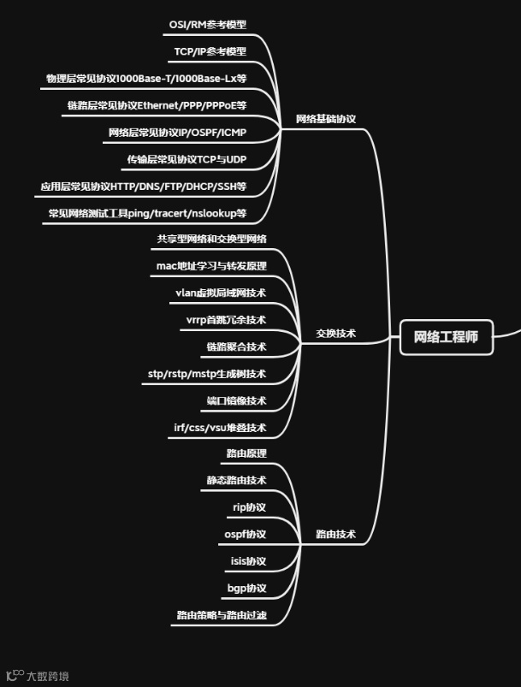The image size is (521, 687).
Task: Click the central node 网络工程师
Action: pyautogui.click(x=446, y=337)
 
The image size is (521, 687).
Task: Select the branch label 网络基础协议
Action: pyautogui.click(x=325, y=119)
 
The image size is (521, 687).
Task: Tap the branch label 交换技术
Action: pyautogui.click(x=335, y=334)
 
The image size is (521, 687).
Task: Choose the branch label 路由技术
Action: pyautogui.click(x=335, y=534)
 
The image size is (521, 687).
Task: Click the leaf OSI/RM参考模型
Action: pyautogui.click(x=208, y=26)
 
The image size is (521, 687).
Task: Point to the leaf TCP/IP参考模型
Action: pyautogui.click(x=210, y=52)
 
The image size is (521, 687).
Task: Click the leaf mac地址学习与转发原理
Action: pyautogui.click(x=211, y=266)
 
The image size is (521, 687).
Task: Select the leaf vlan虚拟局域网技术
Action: pyautogui.click(x=221, y=293)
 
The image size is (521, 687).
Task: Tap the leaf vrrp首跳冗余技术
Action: pyautogui.click(x=226, y=320)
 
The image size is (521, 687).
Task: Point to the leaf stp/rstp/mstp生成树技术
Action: pyautogui.click(x=207, y=374)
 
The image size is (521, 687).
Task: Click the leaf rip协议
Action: pyautogui.click(x=249, y=507)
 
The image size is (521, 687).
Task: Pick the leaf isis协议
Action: pyautogui.click(x=248, y=561)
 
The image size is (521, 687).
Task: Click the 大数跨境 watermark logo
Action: pyautogui.click(x=38, y=676)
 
